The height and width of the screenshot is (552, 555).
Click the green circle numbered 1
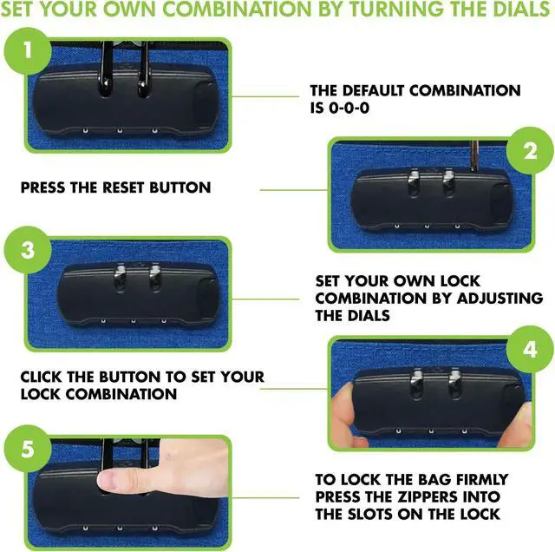click(x=27, y=50)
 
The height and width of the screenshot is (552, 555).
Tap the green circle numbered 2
click(x=530, y=150)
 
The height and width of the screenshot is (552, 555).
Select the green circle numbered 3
click(x=27, y=249)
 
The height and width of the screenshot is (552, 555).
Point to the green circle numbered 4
click(x=530, y=350)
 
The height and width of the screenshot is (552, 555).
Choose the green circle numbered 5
click(x=27, y=449)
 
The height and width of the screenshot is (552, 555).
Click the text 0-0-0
click(x=349, y=108)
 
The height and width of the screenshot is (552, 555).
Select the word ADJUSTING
click(x=499, y=298)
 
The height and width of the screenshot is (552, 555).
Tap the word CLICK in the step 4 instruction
click(x=41, y=377)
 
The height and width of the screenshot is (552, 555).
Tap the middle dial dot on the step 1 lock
click(x=120, y=131)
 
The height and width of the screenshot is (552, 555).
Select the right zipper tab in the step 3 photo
click(x=154, y=276)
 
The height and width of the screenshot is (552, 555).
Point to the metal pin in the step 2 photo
click(x=474, y=156)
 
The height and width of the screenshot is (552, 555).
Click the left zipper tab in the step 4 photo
click(x=416, y=382)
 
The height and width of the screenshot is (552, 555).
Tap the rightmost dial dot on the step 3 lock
click(x=164, y=321)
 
